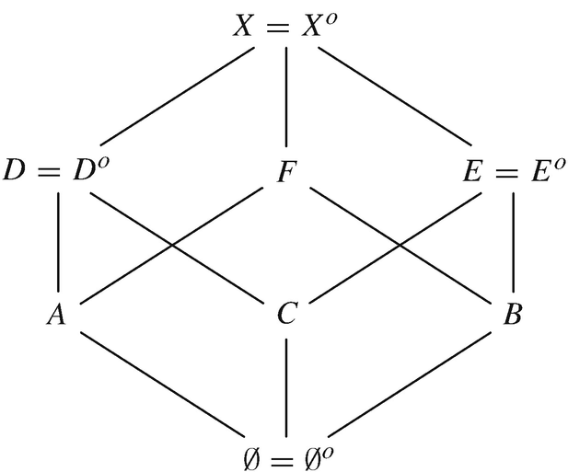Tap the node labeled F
(x=286, y=172)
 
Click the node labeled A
(x=57, y=316)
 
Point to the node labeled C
(x=286, y=316)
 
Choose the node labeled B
(x=513, y=316)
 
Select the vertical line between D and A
(x=60, y=244)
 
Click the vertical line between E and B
(x=513, y=244)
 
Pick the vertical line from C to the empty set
(x=286, y=386)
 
